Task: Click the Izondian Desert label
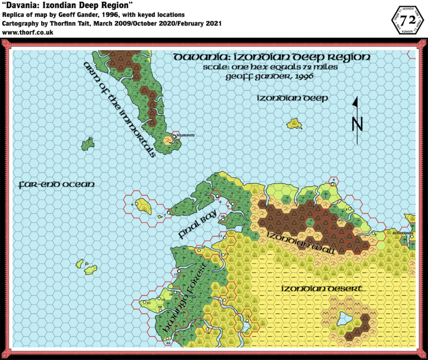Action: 323,289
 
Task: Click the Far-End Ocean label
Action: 56,184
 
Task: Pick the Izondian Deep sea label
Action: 291,98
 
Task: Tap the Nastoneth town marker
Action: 175,135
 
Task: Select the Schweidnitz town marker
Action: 411,235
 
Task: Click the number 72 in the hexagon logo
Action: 407,20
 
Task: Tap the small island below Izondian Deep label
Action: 293,124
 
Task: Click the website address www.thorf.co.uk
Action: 26,32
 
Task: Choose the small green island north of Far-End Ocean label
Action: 87,144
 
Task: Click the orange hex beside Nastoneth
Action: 168,139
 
